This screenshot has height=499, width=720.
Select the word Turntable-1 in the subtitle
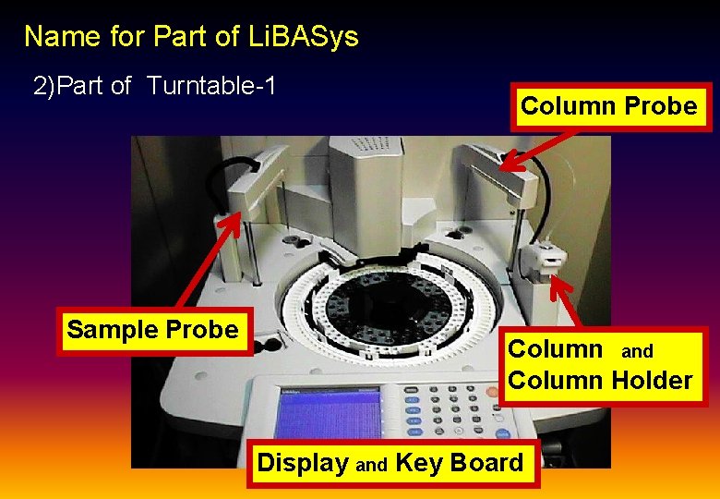point(211,87)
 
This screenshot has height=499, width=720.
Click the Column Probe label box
point(608,106)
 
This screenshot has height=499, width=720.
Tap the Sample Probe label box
point(153,330)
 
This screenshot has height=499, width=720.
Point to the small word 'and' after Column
point(637,351)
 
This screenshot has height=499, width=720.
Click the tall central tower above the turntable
point(369,185)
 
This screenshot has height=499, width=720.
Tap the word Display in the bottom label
point(303,463)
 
